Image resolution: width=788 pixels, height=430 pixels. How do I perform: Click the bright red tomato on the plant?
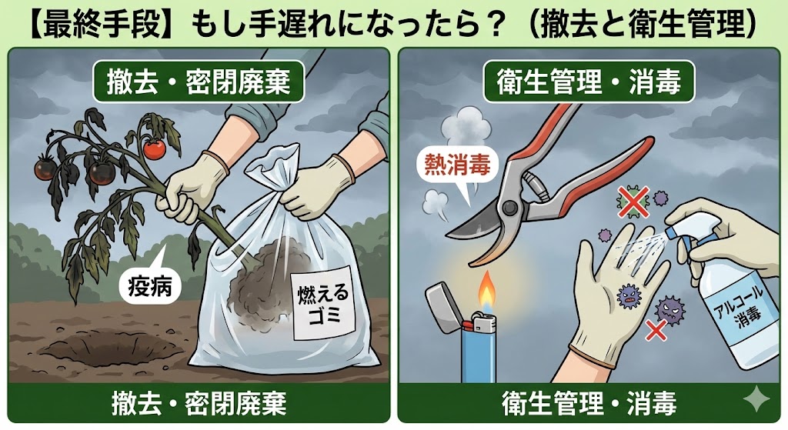(x=154, y=149)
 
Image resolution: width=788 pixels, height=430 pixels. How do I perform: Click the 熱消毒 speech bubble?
(x=457, y=165)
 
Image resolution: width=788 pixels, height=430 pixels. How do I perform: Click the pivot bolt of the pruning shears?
(x=510, y=207)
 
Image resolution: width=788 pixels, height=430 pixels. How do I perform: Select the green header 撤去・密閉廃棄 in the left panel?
(x=199, y=81)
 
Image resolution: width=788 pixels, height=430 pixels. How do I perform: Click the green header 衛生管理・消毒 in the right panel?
(x=589, y=81)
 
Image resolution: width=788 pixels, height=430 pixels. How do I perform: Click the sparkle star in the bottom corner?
(x=756, y=400)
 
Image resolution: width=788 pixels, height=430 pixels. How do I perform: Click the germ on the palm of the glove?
(x=628, y=296)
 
